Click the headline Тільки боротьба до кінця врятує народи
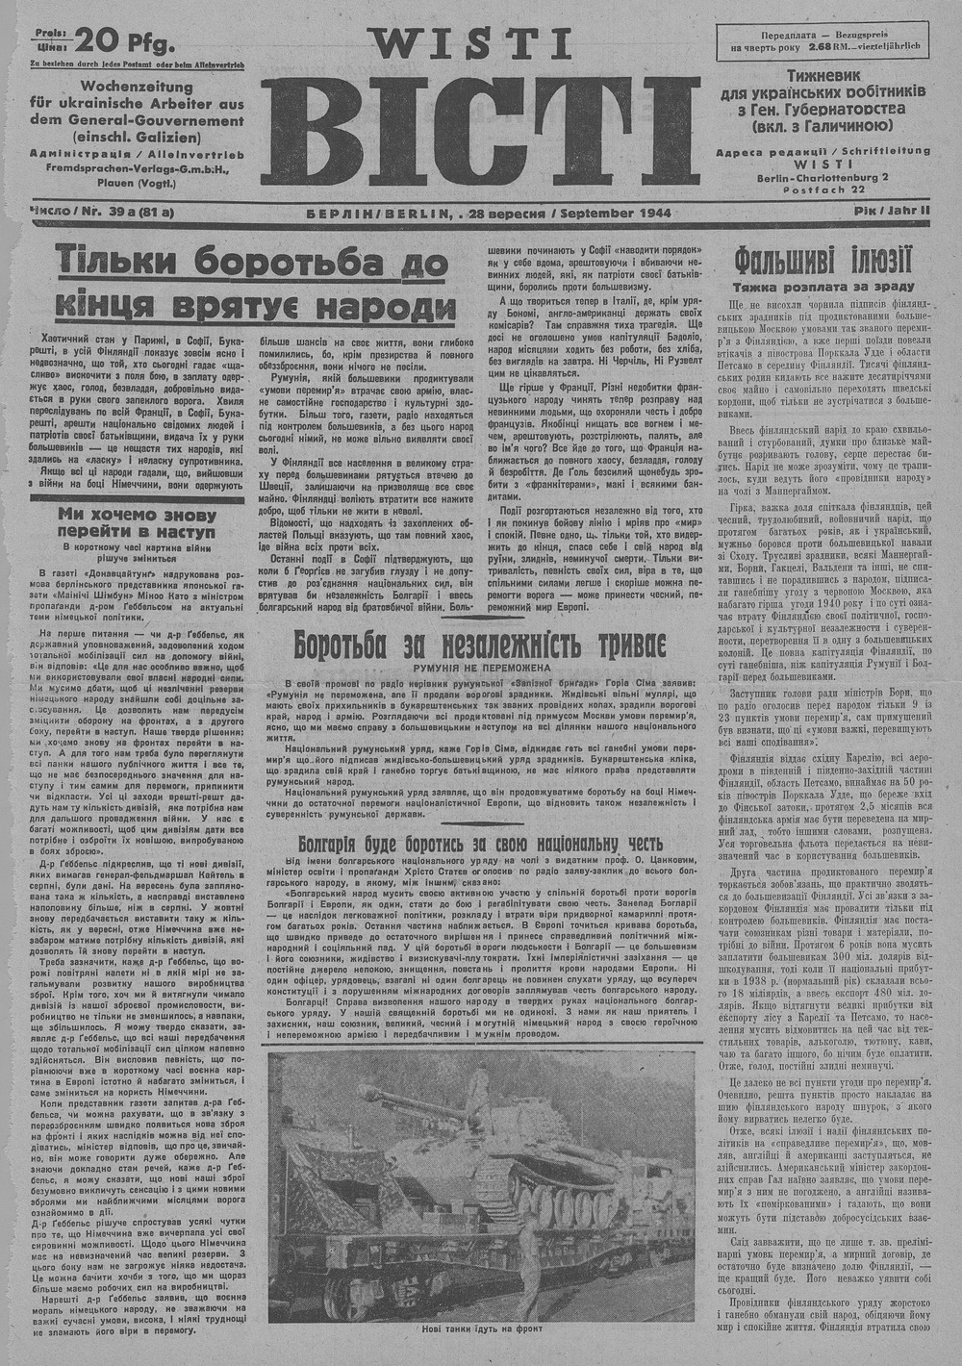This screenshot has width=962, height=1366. coord(256,283)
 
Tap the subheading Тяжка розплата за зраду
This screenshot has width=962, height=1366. coord(823,286)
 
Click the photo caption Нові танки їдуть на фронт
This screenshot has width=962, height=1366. coord(481,1328)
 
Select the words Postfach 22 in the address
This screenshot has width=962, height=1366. coord(823,189)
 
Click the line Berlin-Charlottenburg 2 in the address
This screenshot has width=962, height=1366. coord(823,176)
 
